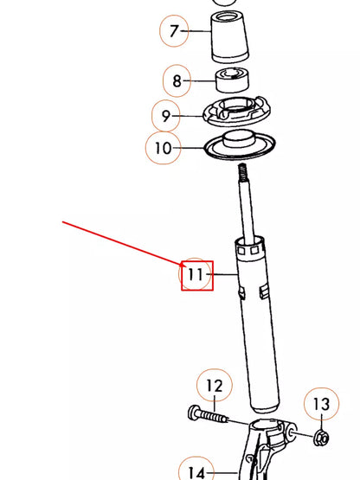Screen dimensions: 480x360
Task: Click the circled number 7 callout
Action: [x=175, y=32]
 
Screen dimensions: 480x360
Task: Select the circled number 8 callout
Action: [x=177, y=81]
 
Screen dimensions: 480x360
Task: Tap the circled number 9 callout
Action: [x=165, y=115]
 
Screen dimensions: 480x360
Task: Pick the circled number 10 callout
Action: [x=164, y=148]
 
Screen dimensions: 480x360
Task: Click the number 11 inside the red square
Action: [x=196, y=275]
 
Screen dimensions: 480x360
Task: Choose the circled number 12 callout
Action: [x=214, y=385]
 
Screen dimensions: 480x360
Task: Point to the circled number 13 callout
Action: [x=321, y=403]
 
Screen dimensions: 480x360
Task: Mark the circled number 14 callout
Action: [x=196, y=470]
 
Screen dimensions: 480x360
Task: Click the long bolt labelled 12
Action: [x=208, y=416]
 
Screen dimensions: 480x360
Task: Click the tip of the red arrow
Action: [x=181, y=263]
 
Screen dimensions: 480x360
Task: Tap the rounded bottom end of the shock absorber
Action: [x=263, y=405]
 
